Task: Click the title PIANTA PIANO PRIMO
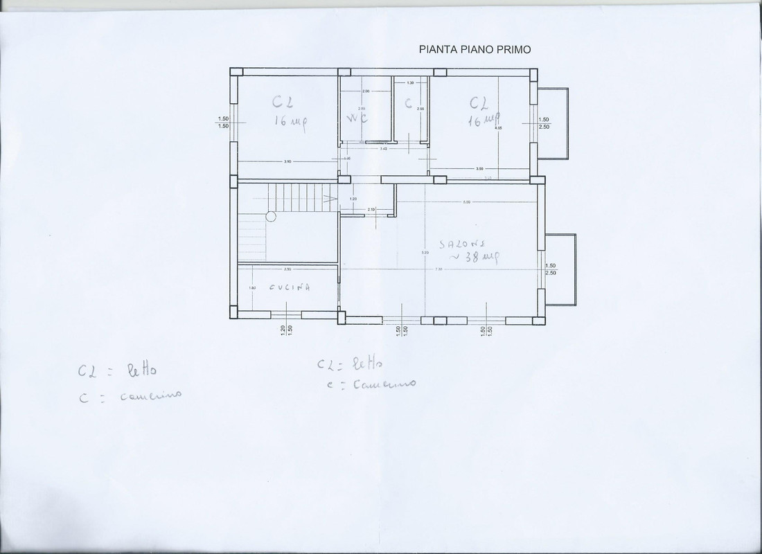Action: click(x=475, y=49)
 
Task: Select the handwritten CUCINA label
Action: click(x=290, y=287)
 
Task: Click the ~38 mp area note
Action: click(x=472, y=257)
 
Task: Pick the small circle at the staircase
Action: click(x=271, y=216)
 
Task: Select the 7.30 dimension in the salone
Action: click(x=438, y=269)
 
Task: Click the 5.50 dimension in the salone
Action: click(x=467, y=202)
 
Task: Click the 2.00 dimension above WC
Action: click(x=366, y=91)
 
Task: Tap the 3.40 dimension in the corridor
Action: click(x=382, y=148)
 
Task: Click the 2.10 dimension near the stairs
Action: click(x=371, y=209)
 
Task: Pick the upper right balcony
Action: click(x=553, y=123)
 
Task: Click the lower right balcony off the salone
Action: click(x=560, y=269)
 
